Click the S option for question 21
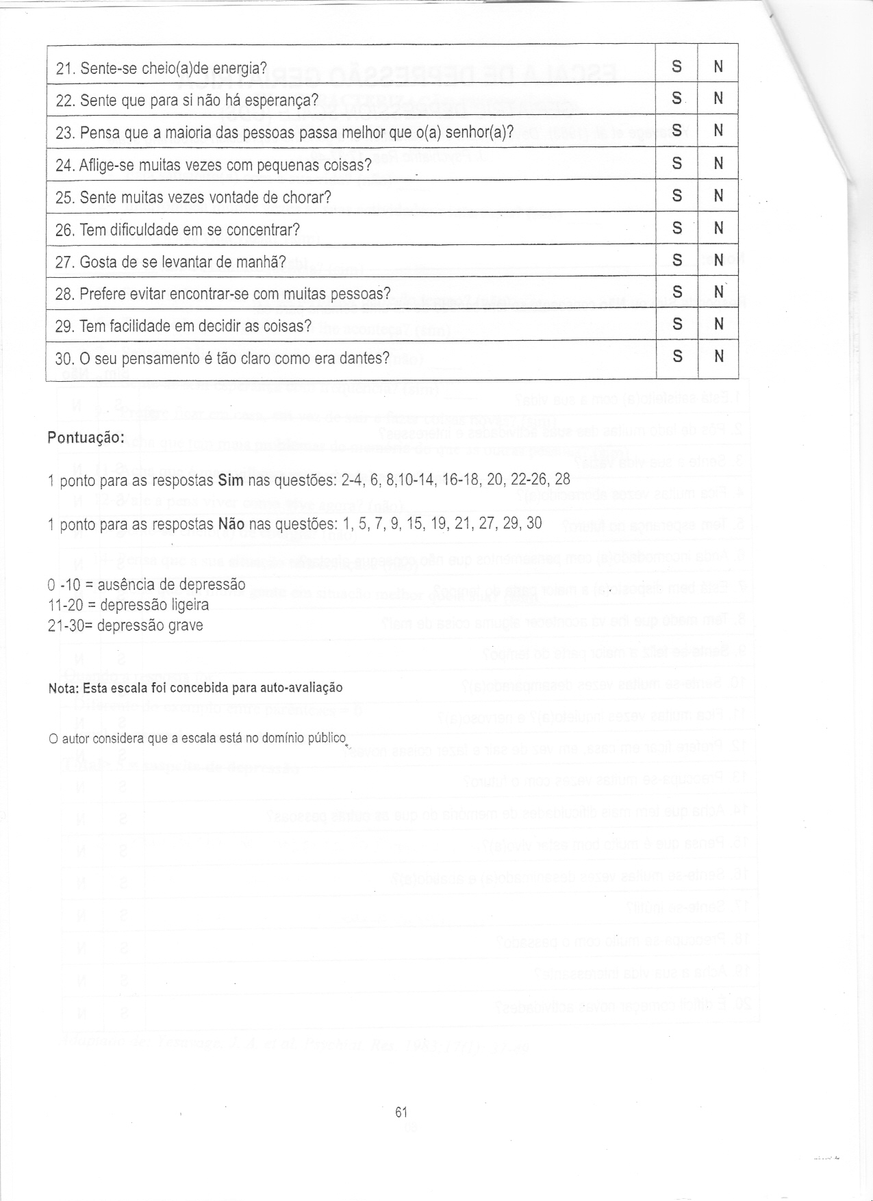[x=676, y=66]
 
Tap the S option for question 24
[x=676, y=163]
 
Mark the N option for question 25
[x=718, y=196]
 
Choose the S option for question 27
[x=676, y=260]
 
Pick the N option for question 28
[x=718, y=292]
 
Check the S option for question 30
[x=676, y=357]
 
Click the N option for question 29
[x=718, y=324]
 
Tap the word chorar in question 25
[x=309, y=198]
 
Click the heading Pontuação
[x=86, y=438]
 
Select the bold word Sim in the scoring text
[x=230, y=480]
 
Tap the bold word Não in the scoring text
[x=231, y=524]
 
